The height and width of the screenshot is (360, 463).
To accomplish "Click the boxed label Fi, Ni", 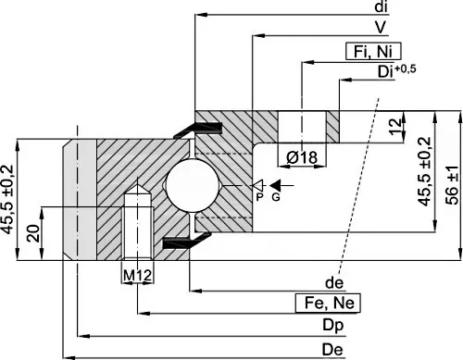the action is tap(373, 51).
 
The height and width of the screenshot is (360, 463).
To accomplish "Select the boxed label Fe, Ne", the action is tap(328, 303).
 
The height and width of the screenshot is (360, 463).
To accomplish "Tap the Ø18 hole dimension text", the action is tap(302, 157).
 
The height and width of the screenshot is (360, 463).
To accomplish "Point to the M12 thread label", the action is tap(137, 275).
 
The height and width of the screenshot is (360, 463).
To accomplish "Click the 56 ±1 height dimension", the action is tap(453, 186).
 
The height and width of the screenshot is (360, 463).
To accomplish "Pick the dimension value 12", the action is tap(395, 127).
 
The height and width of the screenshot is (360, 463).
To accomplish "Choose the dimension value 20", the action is tap(33, 233).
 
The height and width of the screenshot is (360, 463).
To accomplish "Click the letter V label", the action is tap(380, 27).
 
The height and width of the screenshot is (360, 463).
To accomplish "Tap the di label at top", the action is tap(381, 7).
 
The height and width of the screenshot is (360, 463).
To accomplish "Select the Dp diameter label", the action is tap(333, 326).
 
